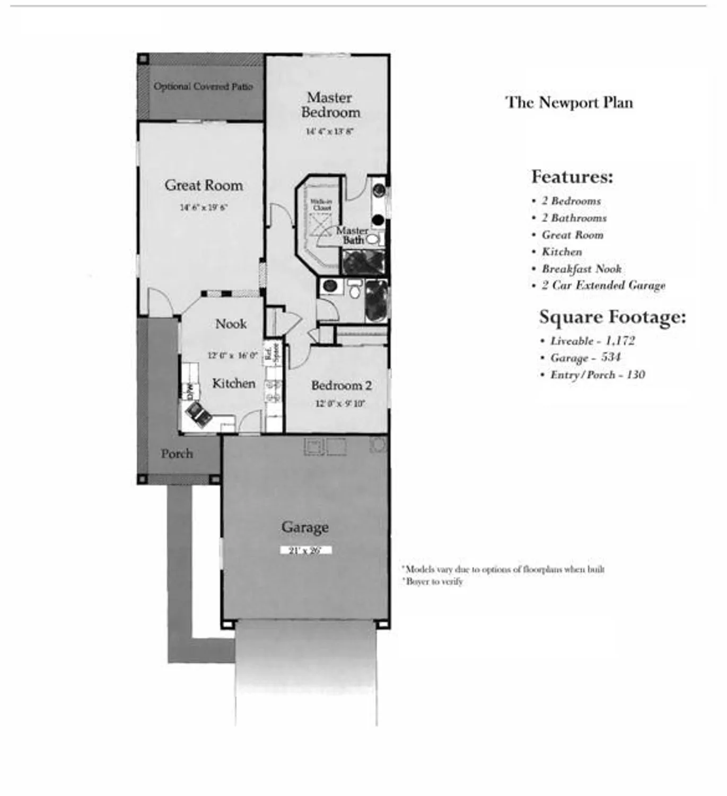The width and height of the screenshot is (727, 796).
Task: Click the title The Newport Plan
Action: point(569,102)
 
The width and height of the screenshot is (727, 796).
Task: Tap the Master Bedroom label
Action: point(330,105)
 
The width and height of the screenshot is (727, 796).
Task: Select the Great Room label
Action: point(204,185)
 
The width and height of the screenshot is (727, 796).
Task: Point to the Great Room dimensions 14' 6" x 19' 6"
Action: point(204,207)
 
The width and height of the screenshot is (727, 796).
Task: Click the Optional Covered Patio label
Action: point(203,86)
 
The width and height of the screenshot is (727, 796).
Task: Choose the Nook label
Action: point(231,324)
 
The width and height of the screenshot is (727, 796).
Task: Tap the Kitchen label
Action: point(233,383)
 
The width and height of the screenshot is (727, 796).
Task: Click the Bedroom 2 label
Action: point(341,385)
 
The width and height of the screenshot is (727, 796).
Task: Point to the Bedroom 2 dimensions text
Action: point(340,403)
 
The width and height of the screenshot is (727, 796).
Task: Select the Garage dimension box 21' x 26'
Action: point(305,550)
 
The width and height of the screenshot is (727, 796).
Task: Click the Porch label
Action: point(177,454)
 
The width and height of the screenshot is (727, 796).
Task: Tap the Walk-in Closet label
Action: point(321,205)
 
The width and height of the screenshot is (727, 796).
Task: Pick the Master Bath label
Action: point(352,235)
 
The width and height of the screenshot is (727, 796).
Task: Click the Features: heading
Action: point(572,176)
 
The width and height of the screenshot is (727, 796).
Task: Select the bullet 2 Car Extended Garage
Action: point(603,285)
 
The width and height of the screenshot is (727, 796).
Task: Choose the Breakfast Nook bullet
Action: point(581,269)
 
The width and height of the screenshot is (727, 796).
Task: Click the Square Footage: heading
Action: point(612,317)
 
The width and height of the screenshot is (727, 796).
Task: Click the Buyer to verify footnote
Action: point(434,582)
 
